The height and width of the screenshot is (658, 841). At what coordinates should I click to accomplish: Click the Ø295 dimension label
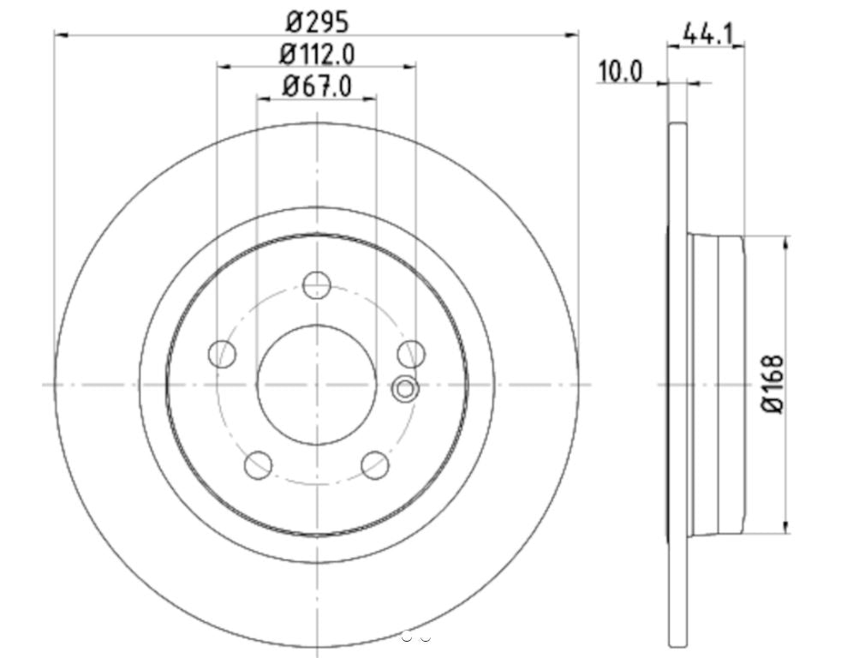pos(317,19)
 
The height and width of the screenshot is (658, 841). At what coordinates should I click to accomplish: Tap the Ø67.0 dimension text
pos(317,86)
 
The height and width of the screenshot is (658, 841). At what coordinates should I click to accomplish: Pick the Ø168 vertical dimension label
pos(774,385)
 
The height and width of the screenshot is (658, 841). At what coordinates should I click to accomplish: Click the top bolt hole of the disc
pos(317,284)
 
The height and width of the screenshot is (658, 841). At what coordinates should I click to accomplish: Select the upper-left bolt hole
pos(223,353)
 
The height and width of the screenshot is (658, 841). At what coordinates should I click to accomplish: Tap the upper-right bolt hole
pos(411,352)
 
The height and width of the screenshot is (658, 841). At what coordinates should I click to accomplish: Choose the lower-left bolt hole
pos(259,465)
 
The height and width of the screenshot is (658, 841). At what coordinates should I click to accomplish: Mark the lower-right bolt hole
pos(375,465)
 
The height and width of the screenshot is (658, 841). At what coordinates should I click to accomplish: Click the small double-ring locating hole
pos(405,390)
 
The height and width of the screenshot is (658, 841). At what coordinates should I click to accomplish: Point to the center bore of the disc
pos(317,384)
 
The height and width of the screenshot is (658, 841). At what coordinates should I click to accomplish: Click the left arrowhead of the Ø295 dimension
pos(60,34)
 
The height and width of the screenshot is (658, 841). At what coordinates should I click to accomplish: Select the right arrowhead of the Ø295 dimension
pos(573,34)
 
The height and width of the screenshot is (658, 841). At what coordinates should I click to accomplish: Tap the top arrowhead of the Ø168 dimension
pos(786,243)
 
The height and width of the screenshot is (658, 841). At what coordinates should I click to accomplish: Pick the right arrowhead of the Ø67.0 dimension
pos(371,99)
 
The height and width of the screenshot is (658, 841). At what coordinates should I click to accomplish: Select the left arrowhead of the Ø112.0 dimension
pos(223,67)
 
